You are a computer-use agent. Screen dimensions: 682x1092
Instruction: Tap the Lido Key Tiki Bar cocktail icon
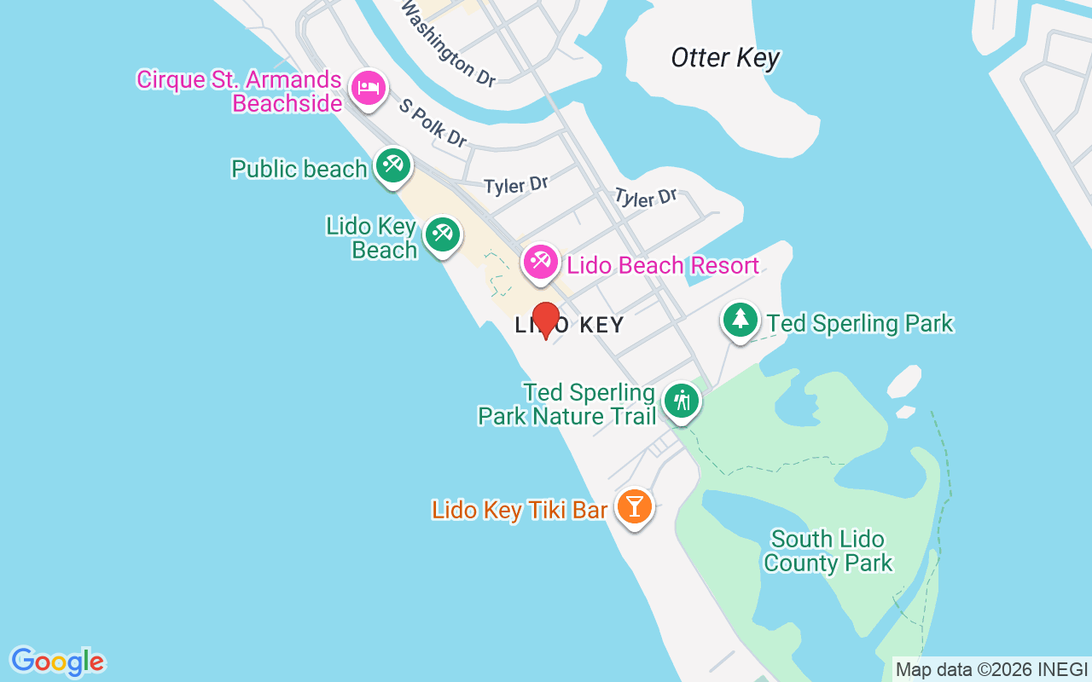click(634, 506)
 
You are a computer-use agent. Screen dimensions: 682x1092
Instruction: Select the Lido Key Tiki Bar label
click(520, 511)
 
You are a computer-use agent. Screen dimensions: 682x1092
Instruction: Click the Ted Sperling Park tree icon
click(741, 320)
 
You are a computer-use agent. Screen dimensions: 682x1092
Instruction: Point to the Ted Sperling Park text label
click(860, 324)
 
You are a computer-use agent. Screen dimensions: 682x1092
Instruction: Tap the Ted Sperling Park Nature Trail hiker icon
click(682, 400)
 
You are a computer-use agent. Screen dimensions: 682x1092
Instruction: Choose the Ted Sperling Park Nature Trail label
click(566, 404)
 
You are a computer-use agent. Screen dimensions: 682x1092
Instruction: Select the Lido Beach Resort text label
click(663, 265)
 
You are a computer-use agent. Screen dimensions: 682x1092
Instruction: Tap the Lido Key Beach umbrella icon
click(442, 234)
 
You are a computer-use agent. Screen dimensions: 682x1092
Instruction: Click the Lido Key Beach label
click(373, 238)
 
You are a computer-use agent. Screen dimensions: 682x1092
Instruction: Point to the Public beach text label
click(299, 169)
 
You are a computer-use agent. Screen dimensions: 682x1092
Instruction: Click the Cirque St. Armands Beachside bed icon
click(369, 87)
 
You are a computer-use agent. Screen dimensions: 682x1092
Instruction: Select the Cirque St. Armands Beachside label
click(240, 91)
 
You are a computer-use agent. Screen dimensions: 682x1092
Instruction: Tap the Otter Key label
click(725, 58)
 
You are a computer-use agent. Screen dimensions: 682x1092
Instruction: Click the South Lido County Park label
click(828, 551)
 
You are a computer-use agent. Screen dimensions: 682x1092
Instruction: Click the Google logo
click(57, 662)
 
